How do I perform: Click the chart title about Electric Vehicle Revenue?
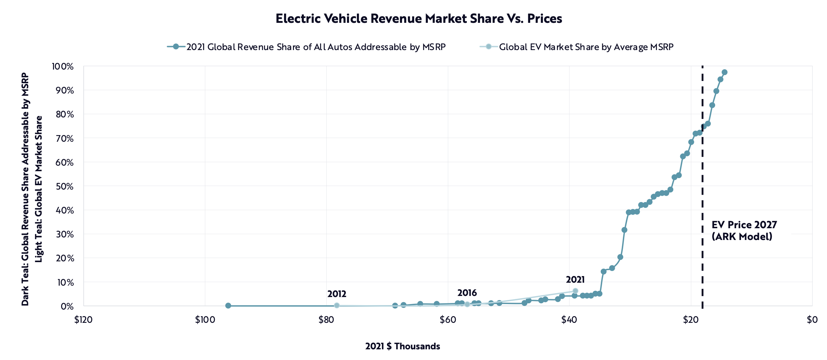[419, 19]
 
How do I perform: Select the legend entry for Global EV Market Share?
[586, 47]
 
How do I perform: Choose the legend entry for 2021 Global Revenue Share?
[316, 47]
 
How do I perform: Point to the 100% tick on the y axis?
[63, 67]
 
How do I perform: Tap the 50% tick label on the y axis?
[65, 186]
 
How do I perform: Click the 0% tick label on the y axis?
[67, 306]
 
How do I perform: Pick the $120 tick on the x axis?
[83, 320]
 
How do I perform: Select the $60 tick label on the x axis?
[448, 320]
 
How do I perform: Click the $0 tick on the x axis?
[812, 320]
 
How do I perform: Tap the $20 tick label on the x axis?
[691, 320]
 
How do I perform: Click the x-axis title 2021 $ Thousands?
[402, 346]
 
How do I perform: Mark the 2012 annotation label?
[337, 294]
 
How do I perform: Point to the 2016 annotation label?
[467, 293]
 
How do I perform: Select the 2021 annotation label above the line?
[575, 280]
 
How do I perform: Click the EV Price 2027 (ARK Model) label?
[744, 230]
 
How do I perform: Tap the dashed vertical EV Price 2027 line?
[702, 184]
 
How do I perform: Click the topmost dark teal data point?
[724, 72]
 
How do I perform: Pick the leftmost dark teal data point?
[228, 306]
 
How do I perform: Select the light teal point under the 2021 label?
[575, 291]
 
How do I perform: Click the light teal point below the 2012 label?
[337, 306]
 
